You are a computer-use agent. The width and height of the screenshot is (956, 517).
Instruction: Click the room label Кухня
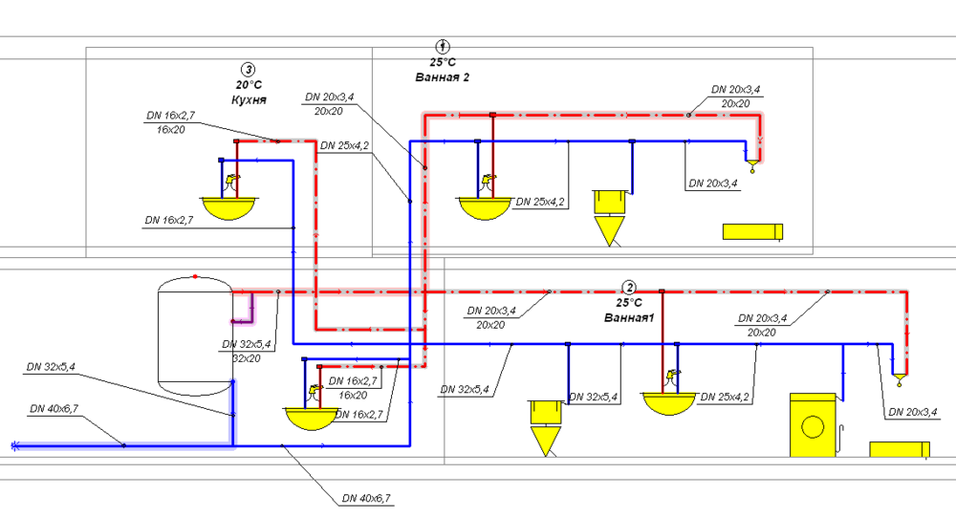(x=248, y=99)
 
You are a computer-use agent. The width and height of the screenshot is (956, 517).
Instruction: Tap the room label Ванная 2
(x=442, y=76)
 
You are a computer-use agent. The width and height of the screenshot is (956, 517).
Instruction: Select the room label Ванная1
(x=628, y=316)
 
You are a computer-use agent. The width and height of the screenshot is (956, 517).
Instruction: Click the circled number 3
(x=249, y=69)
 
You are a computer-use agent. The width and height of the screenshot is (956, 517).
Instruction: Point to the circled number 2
(x=629, y=287)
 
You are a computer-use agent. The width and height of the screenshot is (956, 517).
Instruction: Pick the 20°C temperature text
(x=249, y=84)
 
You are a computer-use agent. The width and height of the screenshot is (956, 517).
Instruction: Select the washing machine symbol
(x=814, y=424)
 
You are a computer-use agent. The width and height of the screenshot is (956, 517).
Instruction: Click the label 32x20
(x=247, y=358)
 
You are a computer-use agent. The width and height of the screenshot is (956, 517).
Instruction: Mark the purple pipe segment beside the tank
(x=246, y=312)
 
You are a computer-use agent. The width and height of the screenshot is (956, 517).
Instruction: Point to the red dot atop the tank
(x=195, y=276)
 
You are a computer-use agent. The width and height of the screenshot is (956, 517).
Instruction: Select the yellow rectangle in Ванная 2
(x=752, y=231)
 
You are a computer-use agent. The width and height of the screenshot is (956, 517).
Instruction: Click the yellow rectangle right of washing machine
(x=900, y=449)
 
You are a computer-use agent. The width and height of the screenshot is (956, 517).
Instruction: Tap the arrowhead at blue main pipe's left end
(x=14, y=445)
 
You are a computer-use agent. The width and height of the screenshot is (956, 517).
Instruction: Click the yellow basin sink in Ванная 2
(x=487, y=206)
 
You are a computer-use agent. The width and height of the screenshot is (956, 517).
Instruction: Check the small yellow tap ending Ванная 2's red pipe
(x=753, y=169)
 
